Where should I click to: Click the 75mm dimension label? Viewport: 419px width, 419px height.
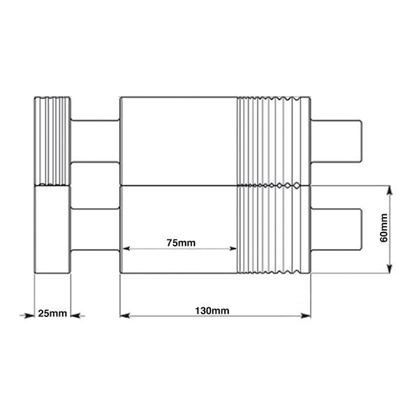pyautogui.click(x=181, y=242)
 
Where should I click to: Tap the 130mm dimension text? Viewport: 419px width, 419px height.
pyautogui.click(x=212, y=311)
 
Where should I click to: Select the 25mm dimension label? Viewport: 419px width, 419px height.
pyautogui.click(x=52, y=313)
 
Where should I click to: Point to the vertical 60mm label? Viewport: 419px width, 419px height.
pyautogui.click(x=383, y=228)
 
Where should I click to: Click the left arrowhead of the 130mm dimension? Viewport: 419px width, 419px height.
pyautogui.click(x=124, y=316)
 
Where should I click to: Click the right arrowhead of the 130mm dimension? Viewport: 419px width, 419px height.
pyautogui.click(x=306, y=316)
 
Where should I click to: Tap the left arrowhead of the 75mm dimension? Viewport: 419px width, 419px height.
pyautogui.click(x=126, y=249)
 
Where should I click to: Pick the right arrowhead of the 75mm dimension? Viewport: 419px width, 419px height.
pyautogui.click(x=233, y=249)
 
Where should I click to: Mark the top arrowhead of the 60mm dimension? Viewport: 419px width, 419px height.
pyautogui.click(x=390, y=191)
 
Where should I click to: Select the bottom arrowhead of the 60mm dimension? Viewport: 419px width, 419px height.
pyautogui.click(x=390, y=268)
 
